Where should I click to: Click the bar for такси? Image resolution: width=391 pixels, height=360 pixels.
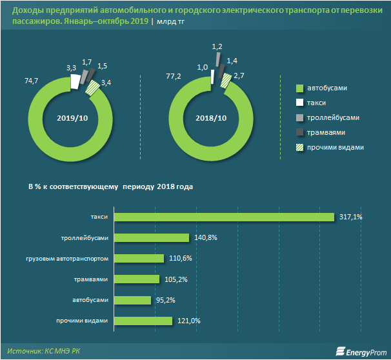pos(224,217)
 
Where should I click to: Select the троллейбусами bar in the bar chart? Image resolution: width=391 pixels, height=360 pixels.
pos(152,238)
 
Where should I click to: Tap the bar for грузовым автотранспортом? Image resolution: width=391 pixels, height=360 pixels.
pos(139,259)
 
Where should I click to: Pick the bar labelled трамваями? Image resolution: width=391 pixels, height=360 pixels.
pos(137,279)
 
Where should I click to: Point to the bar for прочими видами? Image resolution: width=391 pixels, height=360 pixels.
pos(143,321)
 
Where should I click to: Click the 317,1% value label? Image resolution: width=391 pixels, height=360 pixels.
pos(350,217)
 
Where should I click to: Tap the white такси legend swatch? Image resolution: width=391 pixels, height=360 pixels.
pos(299,103)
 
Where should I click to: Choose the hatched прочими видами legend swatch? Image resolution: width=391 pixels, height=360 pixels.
pos(299,147)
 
